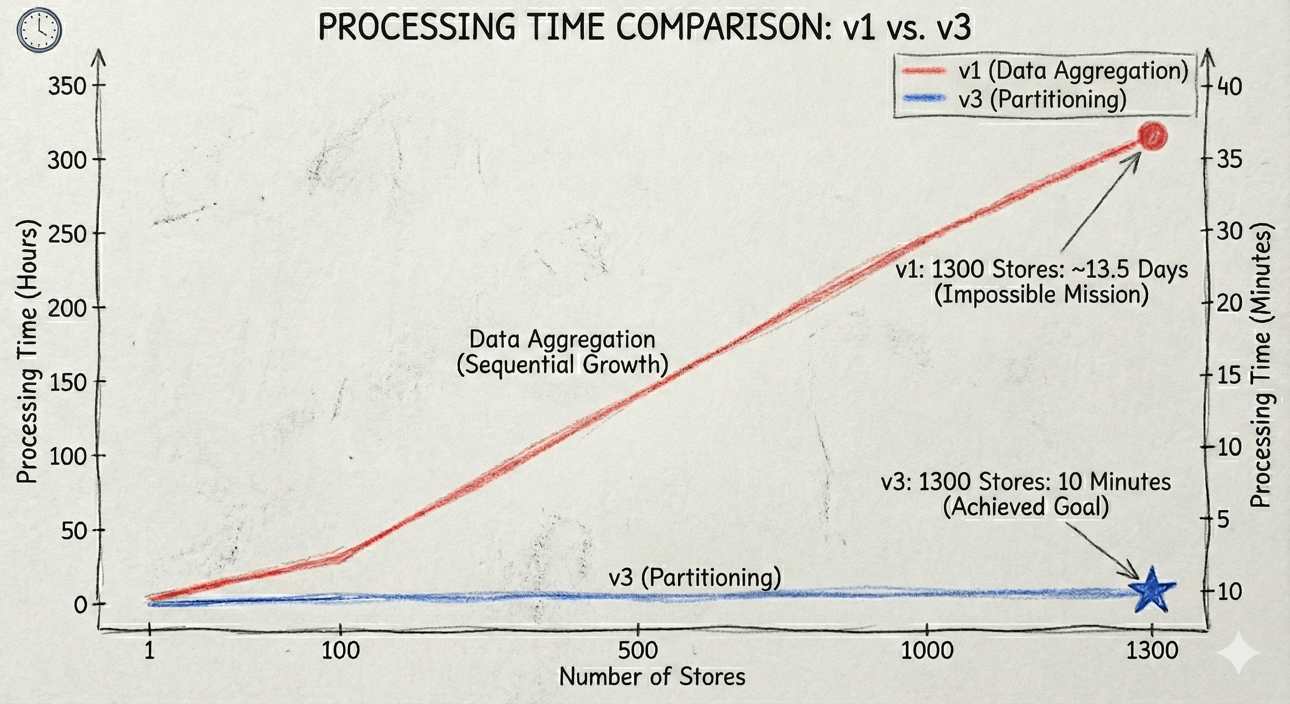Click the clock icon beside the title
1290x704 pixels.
[x=38, y=30]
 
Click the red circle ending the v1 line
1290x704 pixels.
[x=1153, y=136]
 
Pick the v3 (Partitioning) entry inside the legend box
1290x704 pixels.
[x=1042, y=99]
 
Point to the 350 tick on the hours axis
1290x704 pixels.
[x=68, y=87]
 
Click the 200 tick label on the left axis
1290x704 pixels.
[x=68, y=308]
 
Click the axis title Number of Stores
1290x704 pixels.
[x=652, y=677]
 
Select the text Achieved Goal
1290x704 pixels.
[x=1025, y=507]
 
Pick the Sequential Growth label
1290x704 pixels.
[x=563, y=365]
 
